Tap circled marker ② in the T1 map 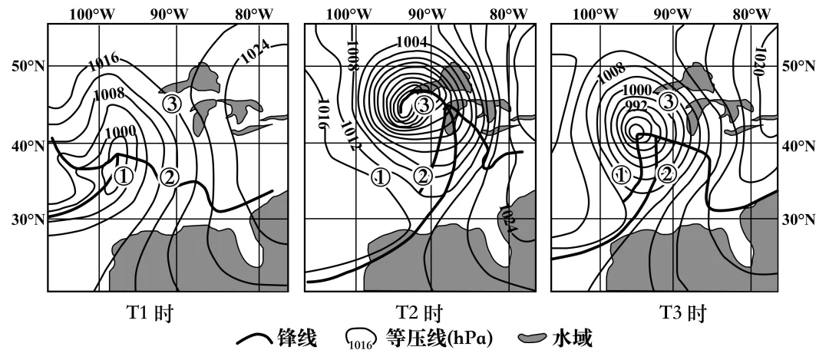tap(170, 177)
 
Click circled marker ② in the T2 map tap(423, 177)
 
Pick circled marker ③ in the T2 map tap(424, 105)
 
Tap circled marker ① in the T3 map tap(622, 175)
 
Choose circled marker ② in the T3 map tap(668, 175)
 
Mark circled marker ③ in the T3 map tap(669, 101)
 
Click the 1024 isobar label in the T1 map tap(256, 51)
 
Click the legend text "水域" tap(571, 339)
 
